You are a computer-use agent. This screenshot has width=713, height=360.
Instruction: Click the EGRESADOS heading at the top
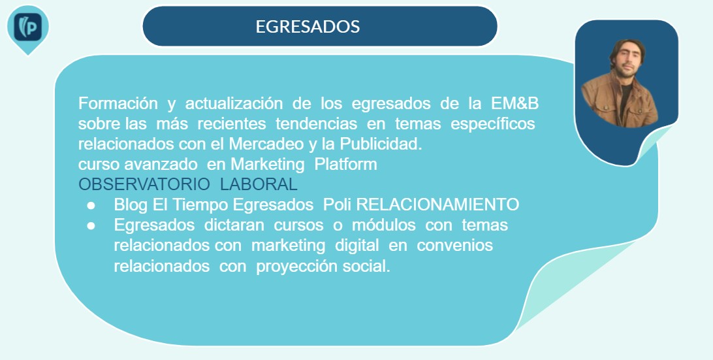click(308, 26)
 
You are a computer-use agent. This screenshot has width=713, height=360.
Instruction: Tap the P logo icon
click(27, 27)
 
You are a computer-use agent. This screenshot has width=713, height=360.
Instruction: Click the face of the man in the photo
click(627, 58)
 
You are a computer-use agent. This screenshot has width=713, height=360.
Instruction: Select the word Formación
click(118, 104)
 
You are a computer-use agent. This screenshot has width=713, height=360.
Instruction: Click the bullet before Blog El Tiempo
click(91, 206)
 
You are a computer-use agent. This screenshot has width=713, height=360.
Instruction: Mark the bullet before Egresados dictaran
click(91, 226)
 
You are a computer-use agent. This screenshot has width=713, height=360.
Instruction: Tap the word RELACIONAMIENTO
click(437, 205)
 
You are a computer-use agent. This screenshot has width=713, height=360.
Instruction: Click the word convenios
click(454, 245)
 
